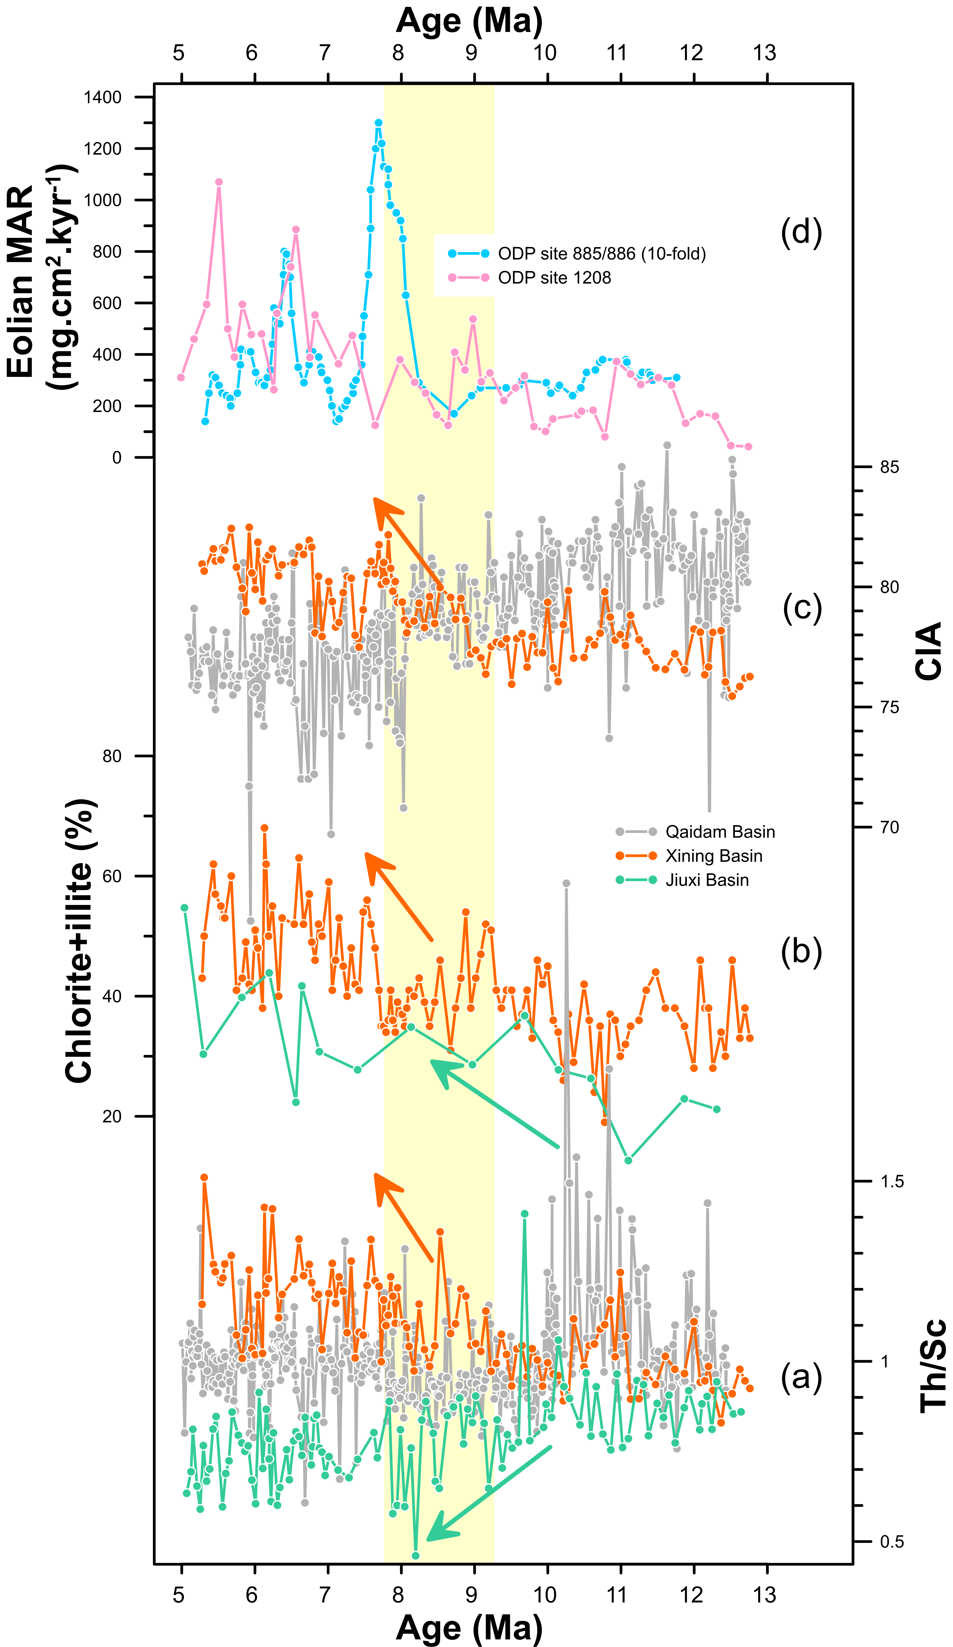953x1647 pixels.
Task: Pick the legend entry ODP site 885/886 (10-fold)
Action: (601, 254)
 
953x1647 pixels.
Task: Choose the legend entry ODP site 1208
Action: (554, 278)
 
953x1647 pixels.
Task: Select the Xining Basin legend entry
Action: (713, 856)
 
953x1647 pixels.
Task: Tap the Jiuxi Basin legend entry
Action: (707, 880)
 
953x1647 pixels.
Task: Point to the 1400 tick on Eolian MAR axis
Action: (103, 97)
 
